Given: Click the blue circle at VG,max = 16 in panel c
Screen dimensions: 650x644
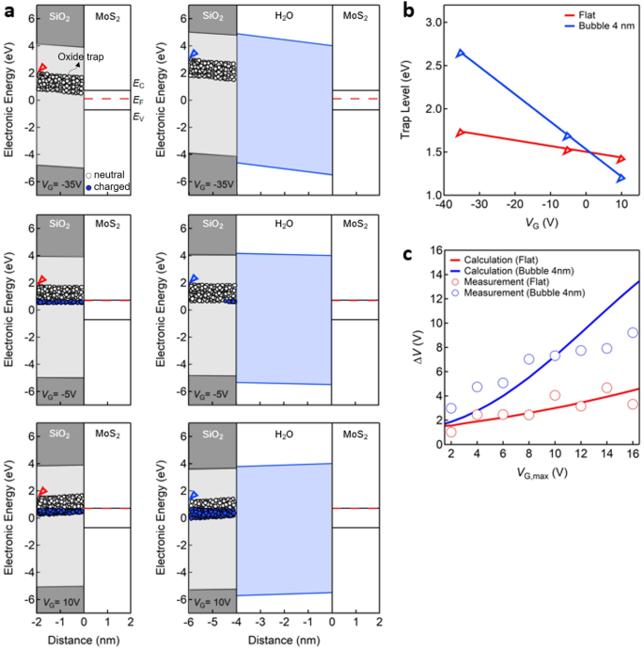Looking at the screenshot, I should point(633,332).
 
